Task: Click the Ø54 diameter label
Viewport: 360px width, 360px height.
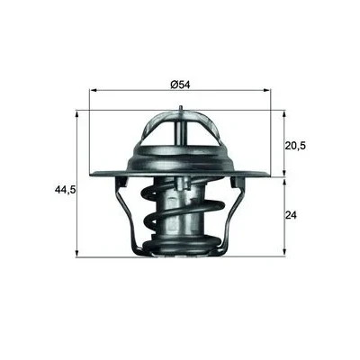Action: (180, 85)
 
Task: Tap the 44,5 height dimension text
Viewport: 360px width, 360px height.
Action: (65, 189)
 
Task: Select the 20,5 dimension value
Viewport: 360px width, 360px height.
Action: (295, 146)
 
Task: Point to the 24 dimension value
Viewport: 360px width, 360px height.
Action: (291, 215)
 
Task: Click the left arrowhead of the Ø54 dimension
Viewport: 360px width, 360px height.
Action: (94, 90)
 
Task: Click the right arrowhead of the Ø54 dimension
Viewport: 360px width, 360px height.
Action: (267, 90)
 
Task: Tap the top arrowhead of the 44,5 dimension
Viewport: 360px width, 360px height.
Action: (77, 114)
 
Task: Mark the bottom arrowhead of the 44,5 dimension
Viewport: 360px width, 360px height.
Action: (77, 254)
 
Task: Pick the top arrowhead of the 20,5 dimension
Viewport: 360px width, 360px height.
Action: (284, 114)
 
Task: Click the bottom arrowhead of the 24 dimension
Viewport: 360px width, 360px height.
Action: (284, 253)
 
